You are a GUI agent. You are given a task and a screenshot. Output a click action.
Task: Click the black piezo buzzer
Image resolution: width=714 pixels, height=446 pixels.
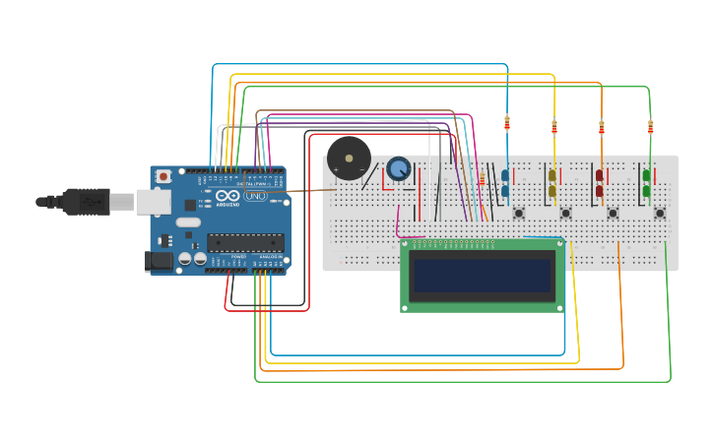tap(349, 157)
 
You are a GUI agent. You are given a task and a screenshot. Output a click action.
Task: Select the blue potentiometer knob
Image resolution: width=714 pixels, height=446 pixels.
tap(398, 169)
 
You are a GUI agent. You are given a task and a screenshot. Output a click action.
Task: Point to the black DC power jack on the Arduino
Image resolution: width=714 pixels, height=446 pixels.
tap(158, 261)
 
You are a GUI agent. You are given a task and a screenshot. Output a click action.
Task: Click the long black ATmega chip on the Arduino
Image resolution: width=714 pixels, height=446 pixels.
tap(245, 242)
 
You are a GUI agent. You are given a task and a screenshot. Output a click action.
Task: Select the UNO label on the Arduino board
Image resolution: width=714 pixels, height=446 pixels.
tap(255, 197)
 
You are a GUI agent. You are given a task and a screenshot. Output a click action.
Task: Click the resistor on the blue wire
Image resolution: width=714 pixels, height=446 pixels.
tap(507, 124)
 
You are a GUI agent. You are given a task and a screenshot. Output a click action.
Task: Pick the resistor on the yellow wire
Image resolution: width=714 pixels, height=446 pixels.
tap(554, 126)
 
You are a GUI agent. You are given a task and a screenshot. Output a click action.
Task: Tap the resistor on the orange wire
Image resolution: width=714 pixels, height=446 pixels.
tap(602, 127)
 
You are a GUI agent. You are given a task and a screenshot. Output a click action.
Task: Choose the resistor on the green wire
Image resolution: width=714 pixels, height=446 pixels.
tap(650, 127)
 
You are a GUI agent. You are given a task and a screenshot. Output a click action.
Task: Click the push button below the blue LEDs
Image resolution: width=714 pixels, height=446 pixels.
tap(518, 213)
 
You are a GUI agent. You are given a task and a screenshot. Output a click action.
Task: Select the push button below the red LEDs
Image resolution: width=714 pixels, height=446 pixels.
tap(613, 213)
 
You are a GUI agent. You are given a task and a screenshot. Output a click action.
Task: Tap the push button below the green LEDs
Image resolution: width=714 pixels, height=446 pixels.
tap(660, 213)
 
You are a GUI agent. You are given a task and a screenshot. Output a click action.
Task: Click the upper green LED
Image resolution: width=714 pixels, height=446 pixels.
tap(647, 175)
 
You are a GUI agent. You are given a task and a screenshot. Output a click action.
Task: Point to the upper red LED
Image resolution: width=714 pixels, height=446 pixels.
tap(599, 175)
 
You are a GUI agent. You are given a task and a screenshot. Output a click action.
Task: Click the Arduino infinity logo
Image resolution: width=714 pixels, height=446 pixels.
tap(227, 197)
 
